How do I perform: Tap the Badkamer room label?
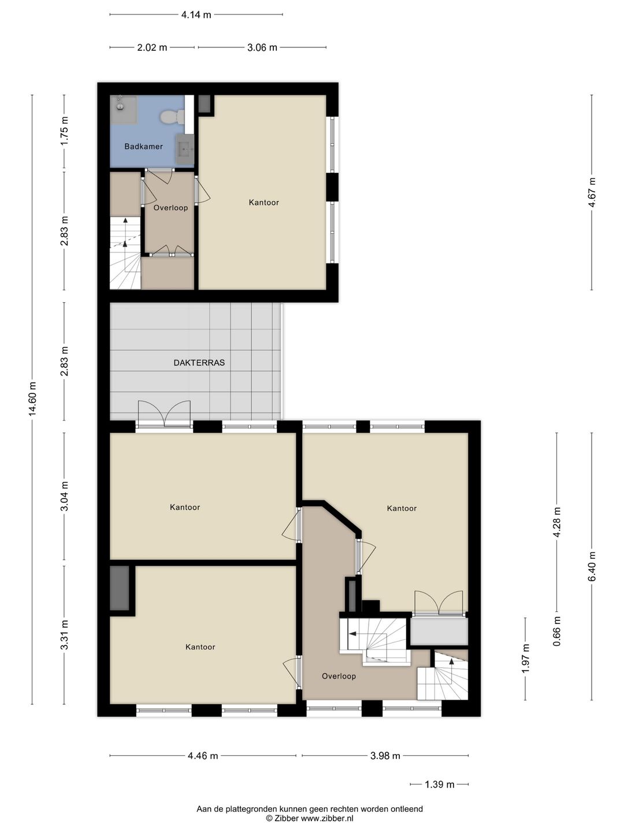tap(144, 146)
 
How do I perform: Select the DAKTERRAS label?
tap(199, 363)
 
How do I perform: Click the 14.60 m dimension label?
tap(32, 398)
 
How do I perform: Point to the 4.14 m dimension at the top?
tap(196, 15)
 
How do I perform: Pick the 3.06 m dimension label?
tap(262, 47)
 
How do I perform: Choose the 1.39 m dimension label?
tap(439, 784)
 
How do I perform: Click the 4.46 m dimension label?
tap(203, 756)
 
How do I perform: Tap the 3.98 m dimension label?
tap(385, 756)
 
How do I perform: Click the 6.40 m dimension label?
tap(592, 566)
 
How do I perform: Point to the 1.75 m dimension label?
tap(64, 131)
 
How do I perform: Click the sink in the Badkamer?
tap(185, 149)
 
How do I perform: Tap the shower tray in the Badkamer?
tap(123, 110)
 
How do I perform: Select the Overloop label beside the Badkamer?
tap(170, 208)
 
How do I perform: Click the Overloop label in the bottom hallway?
tap(339, 676)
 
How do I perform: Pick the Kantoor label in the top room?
tap(263, 202)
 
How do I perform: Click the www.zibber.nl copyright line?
tap(310, 818)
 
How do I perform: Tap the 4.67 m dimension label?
tap(592, 192)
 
